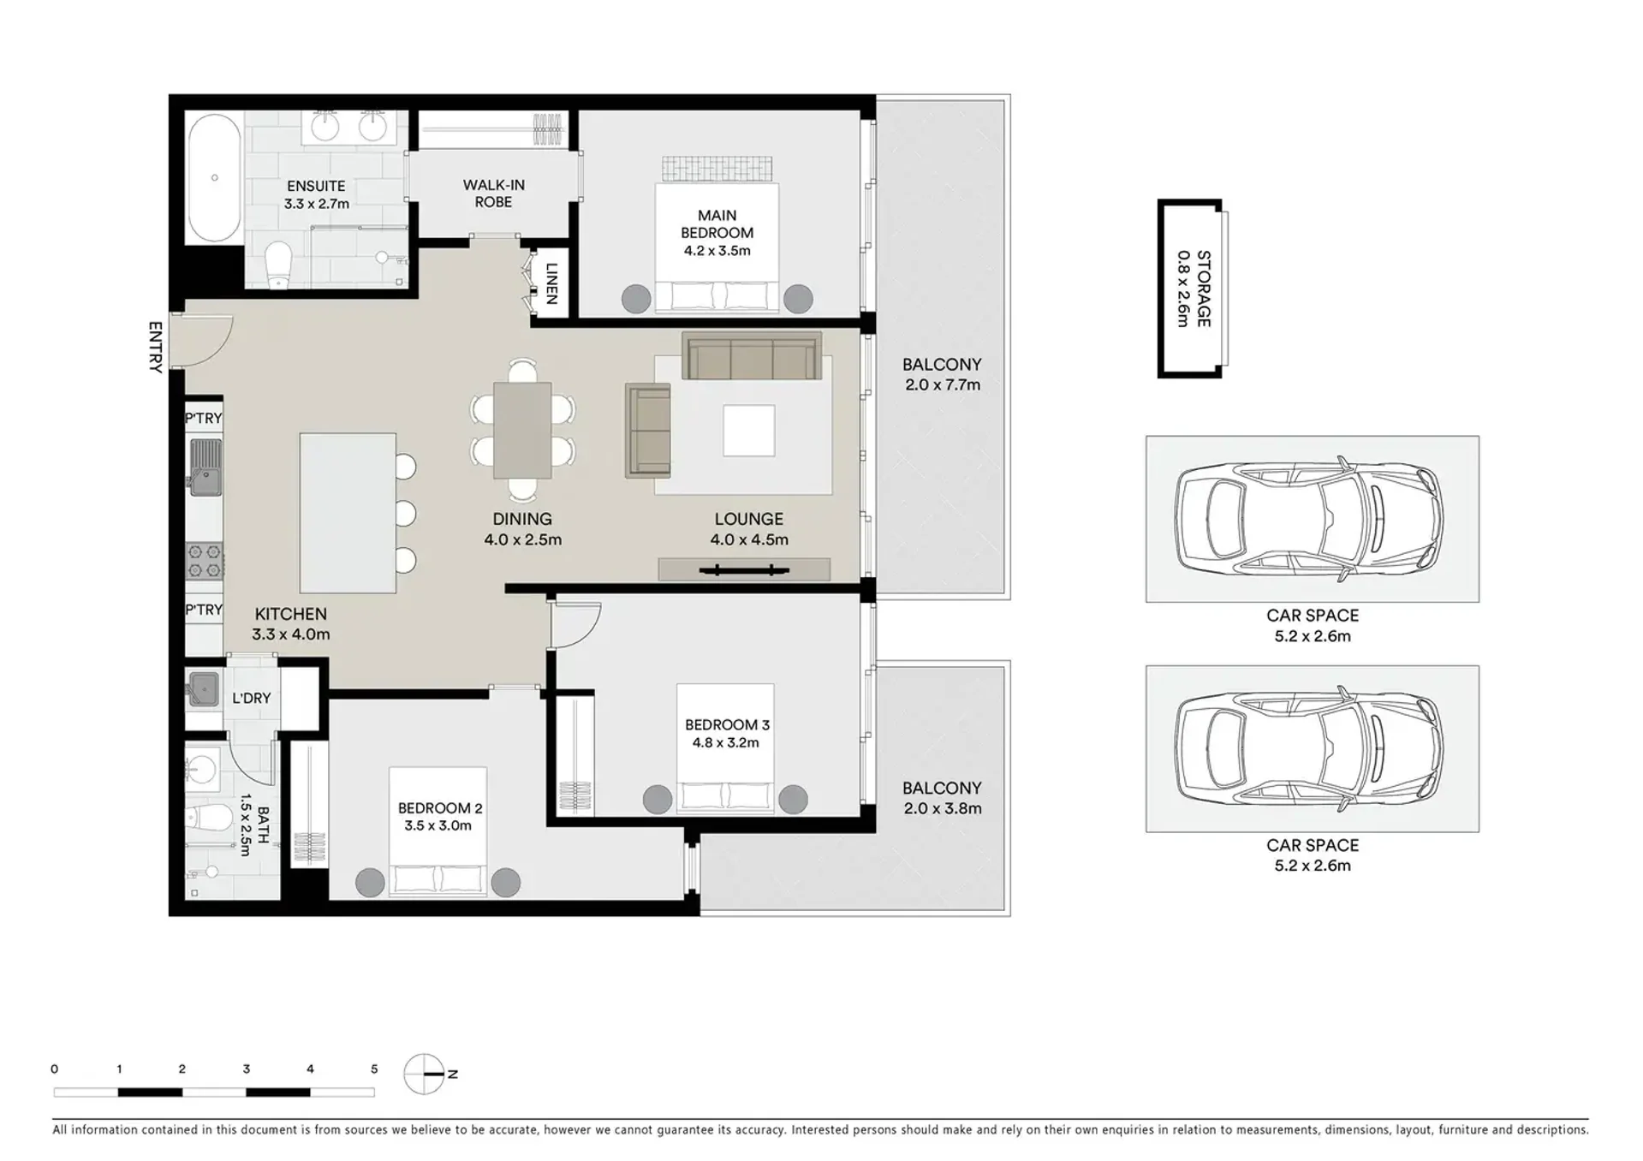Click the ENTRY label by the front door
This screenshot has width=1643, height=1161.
155,348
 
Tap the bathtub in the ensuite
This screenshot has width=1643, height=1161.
214,178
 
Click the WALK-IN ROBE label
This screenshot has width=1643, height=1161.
494,193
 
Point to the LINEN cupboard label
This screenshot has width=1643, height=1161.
551,283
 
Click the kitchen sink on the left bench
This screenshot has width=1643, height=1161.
205,467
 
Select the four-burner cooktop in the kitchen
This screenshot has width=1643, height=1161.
205,562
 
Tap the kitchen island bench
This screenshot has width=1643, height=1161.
348,513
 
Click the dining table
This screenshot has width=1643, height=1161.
522,430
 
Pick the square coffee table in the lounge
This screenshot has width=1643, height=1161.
749,431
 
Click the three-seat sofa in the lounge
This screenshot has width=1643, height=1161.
752,355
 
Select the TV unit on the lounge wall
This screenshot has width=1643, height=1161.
744,569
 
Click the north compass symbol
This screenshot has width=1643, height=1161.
426,1074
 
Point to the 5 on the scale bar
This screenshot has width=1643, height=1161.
374,1069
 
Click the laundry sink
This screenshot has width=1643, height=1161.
204,689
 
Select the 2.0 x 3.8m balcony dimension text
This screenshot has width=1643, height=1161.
943,808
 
